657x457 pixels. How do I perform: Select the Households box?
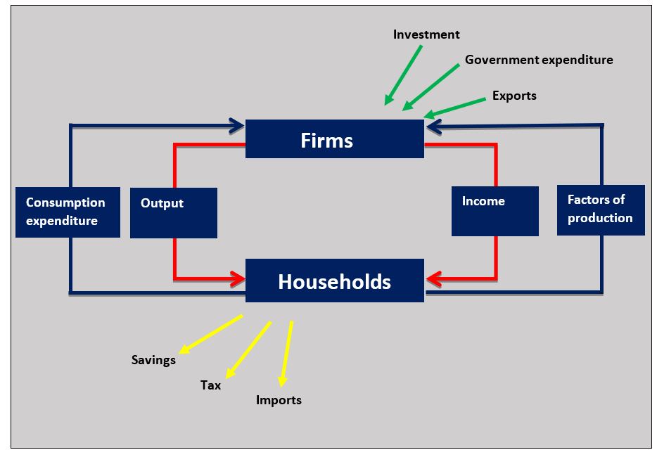(x=334, y=281)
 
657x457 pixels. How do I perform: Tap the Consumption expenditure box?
(x=68, y=212)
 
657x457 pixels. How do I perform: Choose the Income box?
(x=495, y=210)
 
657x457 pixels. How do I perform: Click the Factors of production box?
(x=601, y=209)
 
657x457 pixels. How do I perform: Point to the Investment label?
(x=426, y=34)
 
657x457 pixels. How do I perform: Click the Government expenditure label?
(x=539, y=60)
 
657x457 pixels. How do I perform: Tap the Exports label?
(x=514, y=96)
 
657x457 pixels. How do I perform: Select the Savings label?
(x=153, y=360)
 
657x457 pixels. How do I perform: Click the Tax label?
(x=210, y=385)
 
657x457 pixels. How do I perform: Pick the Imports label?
(x=279, y=400)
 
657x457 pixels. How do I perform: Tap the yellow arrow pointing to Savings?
(x=210, y=334)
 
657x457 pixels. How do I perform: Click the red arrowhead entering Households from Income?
(x=433, y=280)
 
